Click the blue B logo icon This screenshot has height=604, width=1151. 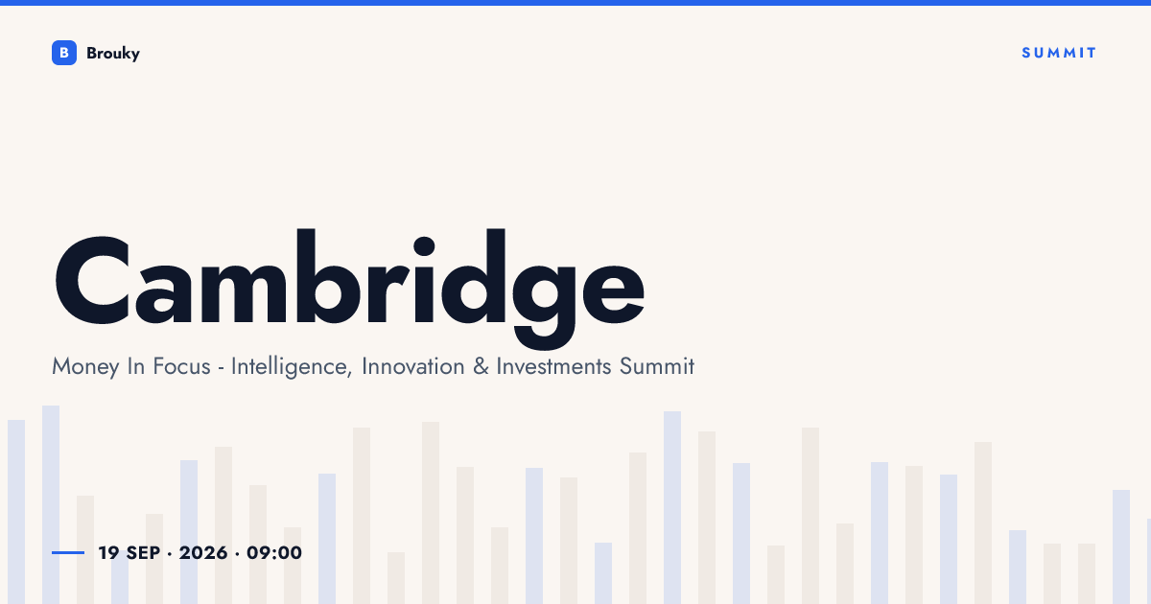pos(64,53)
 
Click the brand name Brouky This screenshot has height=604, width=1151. pos(113,54)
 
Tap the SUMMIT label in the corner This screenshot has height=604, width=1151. pos(1059,53)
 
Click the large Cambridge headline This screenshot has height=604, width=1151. pos(349,288)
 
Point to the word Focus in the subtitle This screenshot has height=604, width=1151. pos(181,366)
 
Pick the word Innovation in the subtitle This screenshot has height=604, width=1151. pos(413,366)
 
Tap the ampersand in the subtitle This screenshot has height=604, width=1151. pos(481,366)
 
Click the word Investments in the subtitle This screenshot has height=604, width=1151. pos(554,366)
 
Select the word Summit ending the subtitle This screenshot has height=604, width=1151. pos(657,366)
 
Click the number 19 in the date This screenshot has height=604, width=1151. pos(108,552)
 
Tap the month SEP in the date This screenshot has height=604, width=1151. pos(143,552)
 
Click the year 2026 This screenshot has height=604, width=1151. pos(203,552)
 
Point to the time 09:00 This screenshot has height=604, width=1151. pos(274,552)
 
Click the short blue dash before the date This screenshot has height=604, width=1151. pos(68,552)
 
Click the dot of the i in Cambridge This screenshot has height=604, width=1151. pos(424,246)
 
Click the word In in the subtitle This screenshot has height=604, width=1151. pos(135,366)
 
